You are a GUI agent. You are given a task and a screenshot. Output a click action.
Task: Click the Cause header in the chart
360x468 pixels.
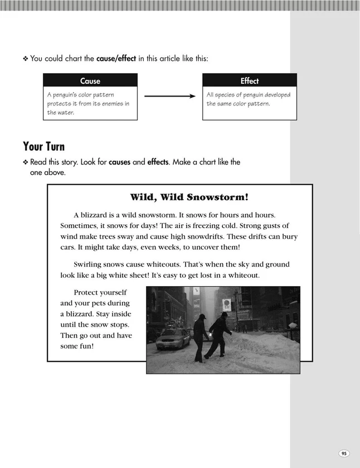coord(90,81)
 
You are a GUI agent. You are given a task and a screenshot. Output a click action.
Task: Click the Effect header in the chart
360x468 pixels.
coord(249,81)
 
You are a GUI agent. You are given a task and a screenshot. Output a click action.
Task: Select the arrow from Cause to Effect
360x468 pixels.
coord(170,97)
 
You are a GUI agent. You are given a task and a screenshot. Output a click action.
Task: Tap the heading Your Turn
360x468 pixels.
coord(44,147)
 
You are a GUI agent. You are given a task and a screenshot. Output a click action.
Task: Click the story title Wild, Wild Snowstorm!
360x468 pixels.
coord(189,197)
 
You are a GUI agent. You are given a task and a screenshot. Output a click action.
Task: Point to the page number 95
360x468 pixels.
coord(344,453)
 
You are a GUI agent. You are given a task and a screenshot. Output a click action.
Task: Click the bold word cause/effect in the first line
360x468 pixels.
coord(116,58)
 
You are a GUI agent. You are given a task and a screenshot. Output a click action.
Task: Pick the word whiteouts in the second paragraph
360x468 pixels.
coord(160,264)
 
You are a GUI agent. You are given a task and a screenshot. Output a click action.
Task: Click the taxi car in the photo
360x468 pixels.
coord(173,338)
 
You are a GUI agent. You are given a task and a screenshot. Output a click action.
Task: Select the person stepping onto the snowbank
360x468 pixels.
coord(219,335)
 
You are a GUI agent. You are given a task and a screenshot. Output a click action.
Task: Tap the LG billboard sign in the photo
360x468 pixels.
coord(226,305)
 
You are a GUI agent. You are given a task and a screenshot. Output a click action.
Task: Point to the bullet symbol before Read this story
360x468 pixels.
coord(25,162)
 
